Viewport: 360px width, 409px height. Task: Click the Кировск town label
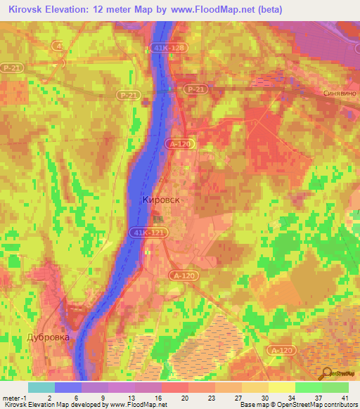[x=161, y=200]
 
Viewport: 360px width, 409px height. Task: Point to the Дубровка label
[x=49, y=337]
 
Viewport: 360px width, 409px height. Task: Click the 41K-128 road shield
[x=163, y=48]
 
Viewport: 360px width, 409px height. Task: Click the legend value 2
[x=49, y=397]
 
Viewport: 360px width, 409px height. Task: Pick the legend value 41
[x=344, y=397]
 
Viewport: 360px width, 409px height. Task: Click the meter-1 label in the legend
[x=13, y=397]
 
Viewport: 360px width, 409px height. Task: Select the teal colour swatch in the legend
[x=41, y=387]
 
